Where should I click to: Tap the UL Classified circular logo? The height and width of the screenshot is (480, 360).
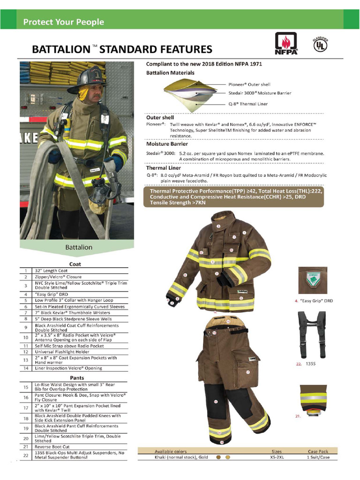click(320, 44)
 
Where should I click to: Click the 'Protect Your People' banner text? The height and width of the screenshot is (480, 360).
click(64, 22)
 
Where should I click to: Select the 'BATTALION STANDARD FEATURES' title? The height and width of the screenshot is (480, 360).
click(122, 49)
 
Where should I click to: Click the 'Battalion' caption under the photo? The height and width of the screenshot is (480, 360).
click(78, 247)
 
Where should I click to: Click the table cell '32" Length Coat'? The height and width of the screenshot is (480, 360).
click(52, 270)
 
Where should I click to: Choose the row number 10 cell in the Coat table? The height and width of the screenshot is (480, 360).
click(25, 337)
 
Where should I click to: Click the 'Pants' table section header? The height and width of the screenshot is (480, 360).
click(77, 377)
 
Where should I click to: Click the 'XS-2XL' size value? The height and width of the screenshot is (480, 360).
click(277, 457)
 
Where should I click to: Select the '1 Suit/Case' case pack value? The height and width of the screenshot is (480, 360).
click(322, 457)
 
